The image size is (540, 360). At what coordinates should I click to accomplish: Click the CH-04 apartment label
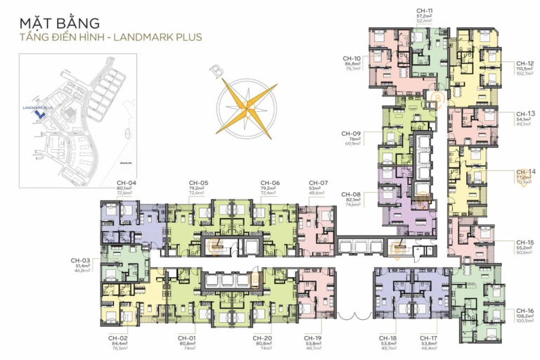[127, 183]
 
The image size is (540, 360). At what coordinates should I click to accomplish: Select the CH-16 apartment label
[525, 310]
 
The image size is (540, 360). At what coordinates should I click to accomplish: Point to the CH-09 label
[351, 134]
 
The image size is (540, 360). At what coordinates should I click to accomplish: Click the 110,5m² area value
[525, 70]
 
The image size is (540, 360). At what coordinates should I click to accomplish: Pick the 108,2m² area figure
[525, 316]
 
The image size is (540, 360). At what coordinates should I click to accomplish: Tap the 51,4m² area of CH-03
[80, 265]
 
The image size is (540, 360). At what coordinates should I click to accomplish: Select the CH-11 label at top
[424, 11]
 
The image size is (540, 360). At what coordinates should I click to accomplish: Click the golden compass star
[246, 108]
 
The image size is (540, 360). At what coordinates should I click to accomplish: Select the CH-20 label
[266, 338]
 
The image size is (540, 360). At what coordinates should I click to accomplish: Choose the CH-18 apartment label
[388, 338]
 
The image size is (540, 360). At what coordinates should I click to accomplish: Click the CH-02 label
[117, 338]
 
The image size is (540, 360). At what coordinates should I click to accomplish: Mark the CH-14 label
[525, 172]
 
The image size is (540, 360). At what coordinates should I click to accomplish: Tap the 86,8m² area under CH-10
[352, 64]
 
